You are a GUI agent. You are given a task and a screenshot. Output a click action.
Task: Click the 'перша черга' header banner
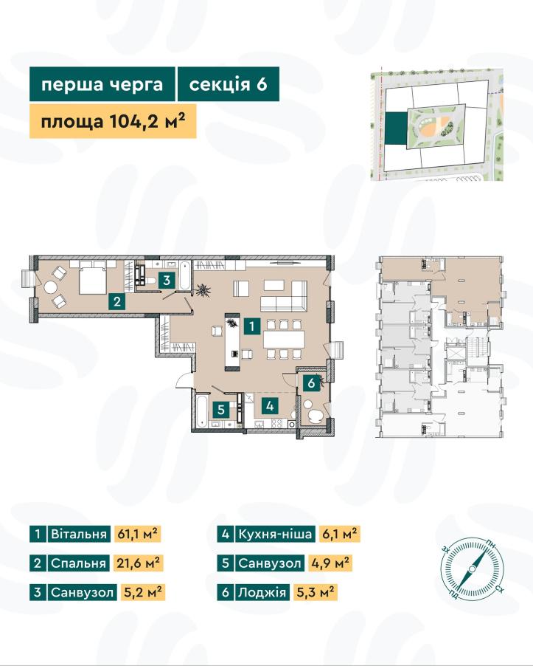(x=102, y=84)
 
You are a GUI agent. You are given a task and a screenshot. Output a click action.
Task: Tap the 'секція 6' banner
(x=228, y=84)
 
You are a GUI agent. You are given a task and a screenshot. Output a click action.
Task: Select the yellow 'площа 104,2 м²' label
(x=113, y=122)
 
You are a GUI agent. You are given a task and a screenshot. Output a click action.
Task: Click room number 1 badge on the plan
(x=252, y=326)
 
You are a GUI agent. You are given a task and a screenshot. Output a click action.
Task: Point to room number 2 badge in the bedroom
(x=117, y=301)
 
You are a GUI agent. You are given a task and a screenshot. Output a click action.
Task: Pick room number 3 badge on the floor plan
(x=167, y=281)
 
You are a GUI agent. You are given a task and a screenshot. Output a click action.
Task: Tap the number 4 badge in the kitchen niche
(x=270, y=406)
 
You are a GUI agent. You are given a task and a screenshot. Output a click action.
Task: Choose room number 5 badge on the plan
(x=221, y=410)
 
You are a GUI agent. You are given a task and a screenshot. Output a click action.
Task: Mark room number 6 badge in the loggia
(x=311, y=383)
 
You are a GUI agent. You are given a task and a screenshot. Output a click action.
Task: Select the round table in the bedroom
(x=50, y=287)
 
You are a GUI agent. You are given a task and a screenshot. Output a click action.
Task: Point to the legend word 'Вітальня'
(x=79, y=534)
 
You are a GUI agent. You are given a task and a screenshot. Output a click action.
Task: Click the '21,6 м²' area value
(x=138, y=563)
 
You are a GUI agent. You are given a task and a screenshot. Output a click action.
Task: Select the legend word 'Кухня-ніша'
(x=275, y=534)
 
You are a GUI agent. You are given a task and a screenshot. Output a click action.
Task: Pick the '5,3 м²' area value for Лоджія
(x=315, y=592)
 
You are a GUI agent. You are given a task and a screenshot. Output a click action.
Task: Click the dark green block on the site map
(x=396, y=128)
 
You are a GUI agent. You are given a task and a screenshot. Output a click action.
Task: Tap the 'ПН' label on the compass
(x=491, y=543)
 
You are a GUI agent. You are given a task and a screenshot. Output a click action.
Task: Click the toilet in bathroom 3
(x=150, y=281)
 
